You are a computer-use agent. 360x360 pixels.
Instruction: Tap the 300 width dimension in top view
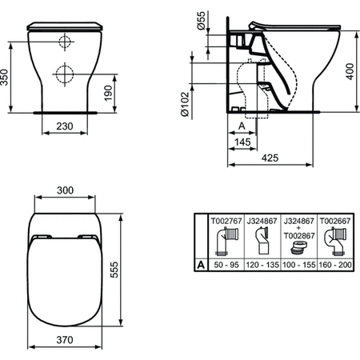(x=65, y=190)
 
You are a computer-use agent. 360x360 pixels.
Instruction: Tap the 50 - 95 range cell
(x=223, y=262)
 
